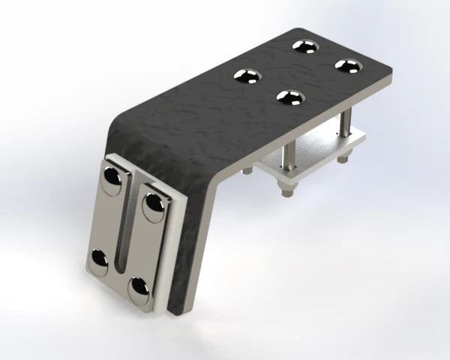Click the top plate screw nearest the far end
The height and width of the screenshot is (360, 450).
(x=305, y=46)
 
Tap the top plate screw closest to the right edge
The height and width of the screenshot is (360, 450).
(x=348, y=66)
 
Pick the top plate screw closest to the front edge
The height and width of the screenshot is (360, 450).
(x=291, y=97)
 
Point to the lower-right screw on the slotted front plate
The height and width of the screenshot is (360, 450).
(x=139, y=288)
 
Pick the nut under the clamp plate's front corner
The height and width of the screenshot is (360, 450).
(x=286, y=190)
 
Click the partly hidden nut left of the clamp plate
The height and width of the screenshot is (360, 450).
(x=247, y=171)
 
